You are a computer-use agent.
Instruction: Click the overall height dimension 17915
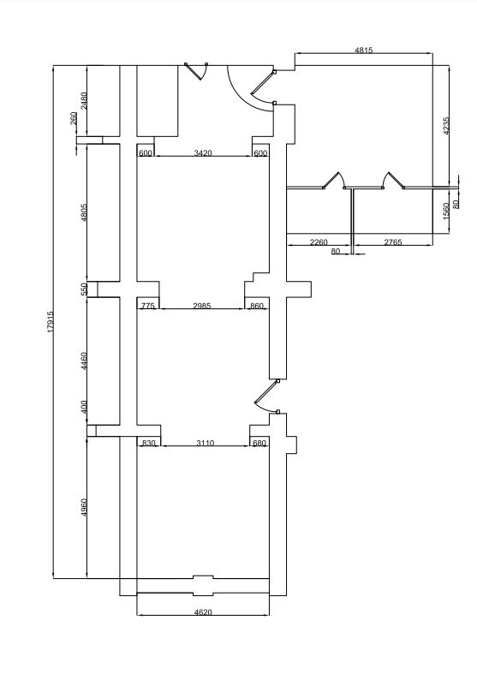[x=51, y=321]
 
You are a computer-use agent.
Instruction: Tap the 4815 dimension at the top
[x=364, y=50]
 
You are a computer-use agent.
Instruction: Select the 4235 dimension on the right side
[x=445, y=126]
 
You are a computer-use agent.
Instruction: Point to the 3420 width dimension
[x=203, y=152]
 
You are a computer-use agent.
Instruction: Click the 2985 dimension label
[x=202, y=306]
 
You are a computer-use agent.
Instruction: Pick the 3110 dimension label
[x=205, y=443]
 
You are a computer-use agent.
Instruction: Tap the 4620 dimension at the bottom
[x=203, y=611]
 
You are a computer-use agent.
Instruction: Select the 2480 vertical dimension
[x=84, y=100]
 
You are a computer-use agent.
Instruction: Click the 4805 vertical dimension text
[x=84, y=212]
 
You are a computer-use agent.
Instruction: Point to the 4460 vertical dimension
[x=84, y=361]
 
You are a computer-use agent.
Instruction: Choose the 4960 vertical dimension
[x=84, y=507]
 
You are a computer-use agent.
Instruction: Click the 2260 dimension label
[x=319, y=242]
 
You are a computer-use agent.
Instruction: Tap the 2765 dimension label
[x=393, y=242]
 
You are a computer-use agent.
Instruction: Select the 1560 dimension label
[x=445, y=211]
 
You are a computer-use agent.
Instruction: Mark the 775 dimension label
[x=147, y=306]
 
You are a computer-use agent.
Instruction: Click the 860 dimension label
[x=256, y=306]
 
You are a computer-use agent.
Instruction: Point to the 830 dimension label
[x=148, y=443]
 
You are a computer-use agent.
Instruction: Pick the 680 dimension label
[x=259, y=443]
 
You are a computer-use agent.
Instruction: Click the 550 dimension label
[x=84, y=289]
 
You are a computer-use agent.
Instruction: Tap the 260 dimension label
[x=74, y=118]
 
